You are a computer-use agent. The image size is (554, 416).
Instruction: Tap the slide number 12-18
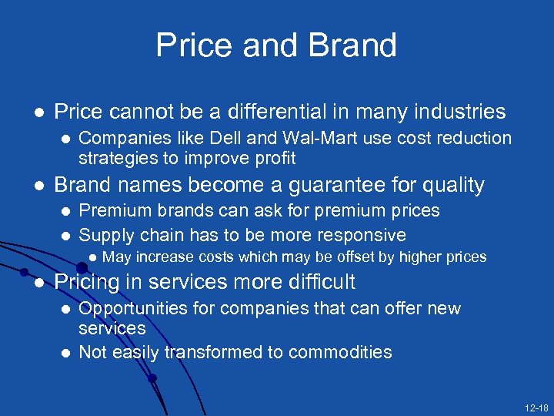click(535, 407)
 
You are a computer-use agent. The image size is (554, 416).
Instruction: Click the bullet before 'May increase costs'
click(91, 257)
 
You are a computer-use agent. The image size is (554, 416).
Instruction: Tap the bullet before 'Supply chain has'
click(65, 236)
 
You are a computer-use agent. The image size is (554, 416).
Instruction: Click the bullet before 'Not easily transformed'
click(65, 354)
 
